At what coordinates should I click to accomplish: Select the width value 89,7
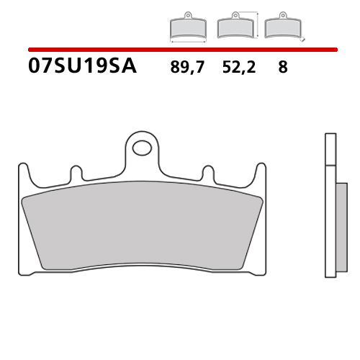pyautogui.click(x=186, y=68)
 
